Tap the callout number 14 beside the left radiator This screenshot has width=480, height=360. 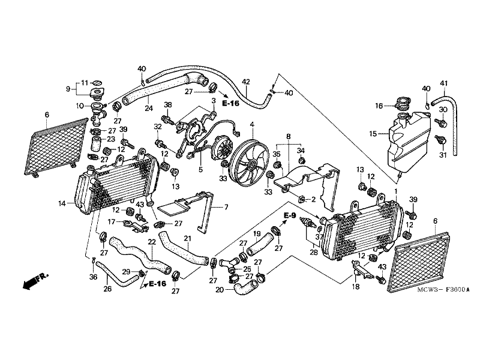click(x=62, y=204)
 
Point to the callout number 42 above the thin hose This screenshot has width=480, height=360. click(x=245, y=82)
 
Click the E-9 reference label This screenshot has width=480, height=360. click(x=290, y=215)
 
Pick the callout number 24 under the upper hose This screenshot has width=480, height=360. click(x=148, y=109)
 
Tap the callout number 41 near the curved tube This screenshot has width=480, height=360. click(x=445, y=83)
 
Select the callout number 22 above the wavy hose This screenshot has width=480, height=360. click(x=152, y=242)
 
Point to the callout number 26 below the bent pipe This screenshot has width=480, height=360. click(x=107, y=289)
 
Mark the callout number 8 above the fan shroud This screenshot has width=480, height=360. click(x=289, y=136)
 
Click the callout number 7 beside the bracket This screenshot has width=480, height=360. click(x=226, y=207)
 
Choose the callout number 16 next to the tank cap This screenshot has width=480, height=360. click(x=379, y=106)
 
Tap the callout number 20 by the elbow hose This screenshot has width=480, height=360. click(x=220, y=290)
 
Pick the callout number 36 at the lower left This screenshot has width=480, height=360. click(x=92, y=277)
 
